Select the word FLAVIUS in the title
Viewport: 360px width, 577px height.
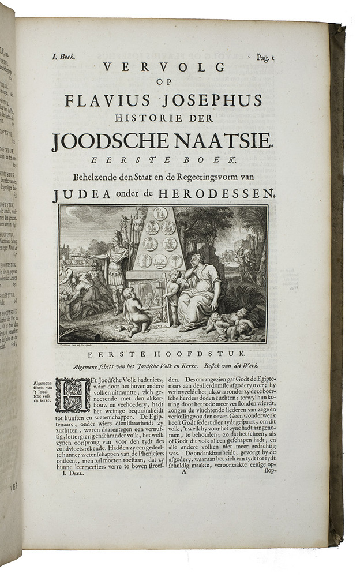(102, 102)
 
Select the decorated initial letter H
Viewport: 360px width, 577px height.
(73, 395)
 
